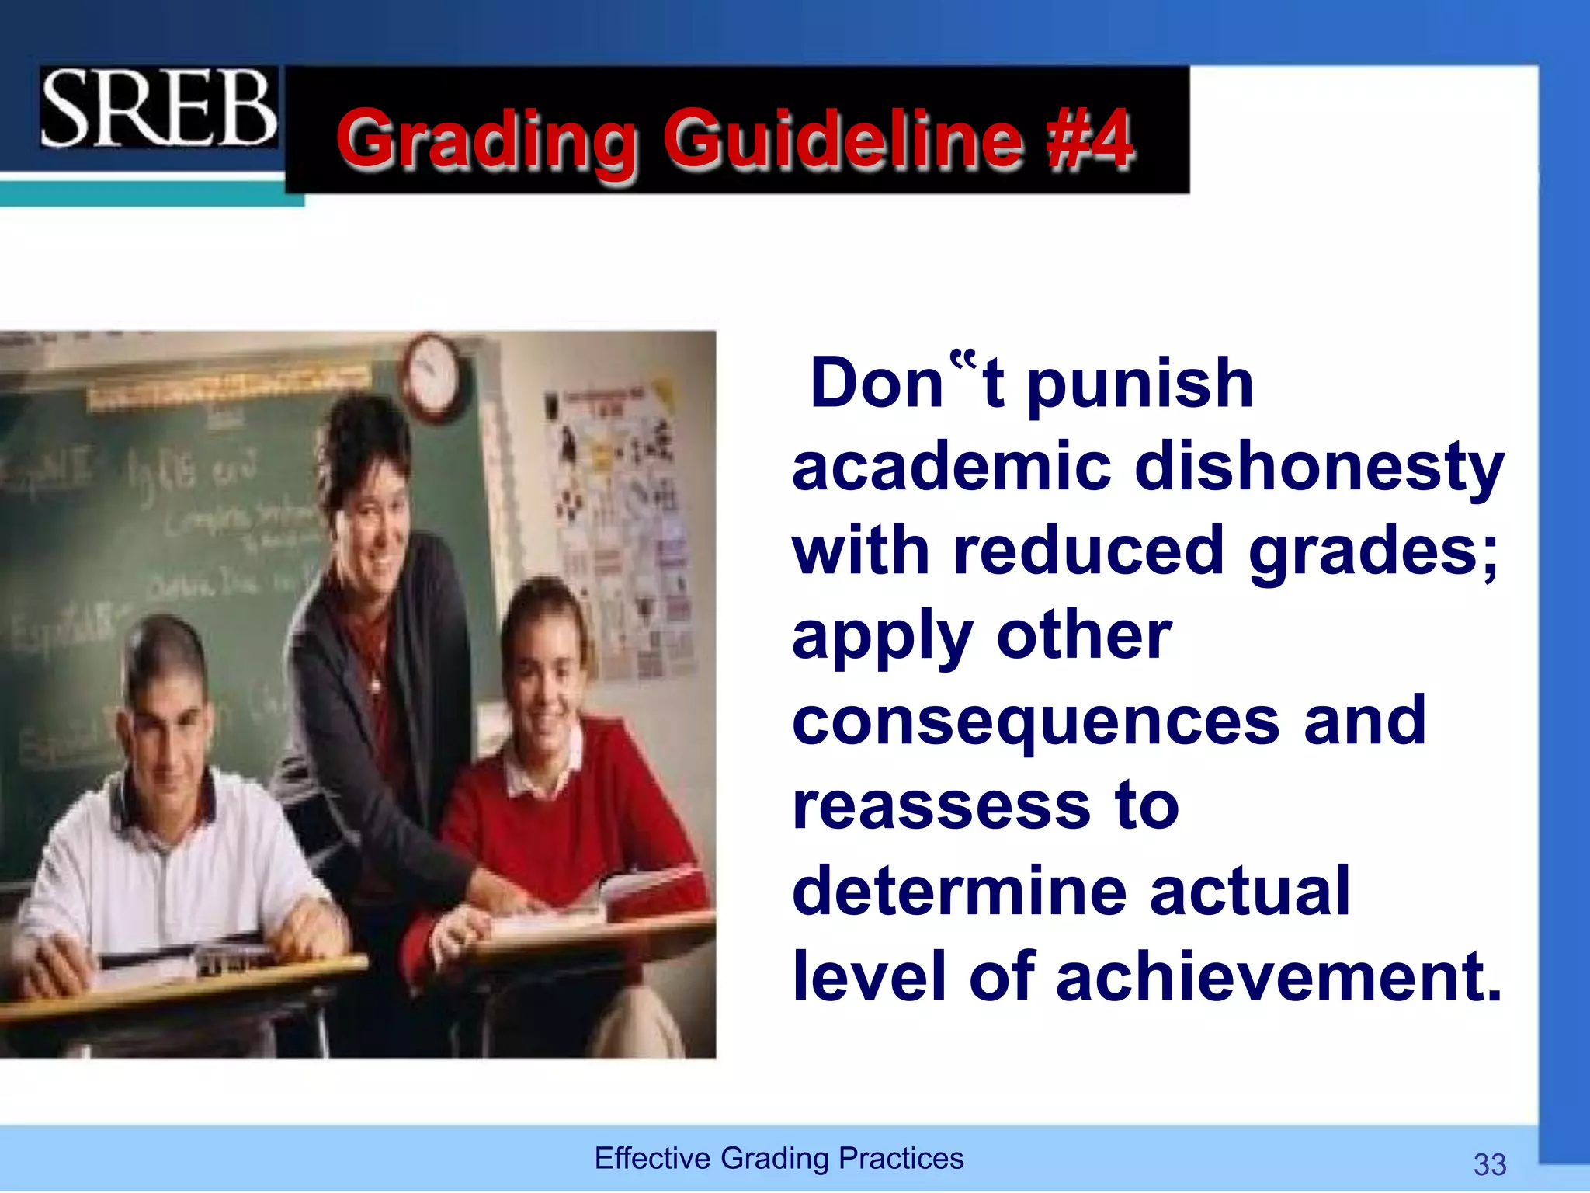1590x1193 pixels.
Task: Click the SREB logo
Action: (x=158, y=108)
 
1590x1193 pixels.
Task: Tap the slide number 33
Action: (x=1489, y=1164)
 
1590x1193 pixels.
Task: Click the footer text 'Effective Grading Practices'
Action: (x=779, y=1158)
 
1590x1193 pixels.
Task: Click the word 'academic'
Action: (x=952, y=468)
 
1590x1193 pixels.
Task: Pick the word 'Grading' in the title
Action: (x=487, y=140)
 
